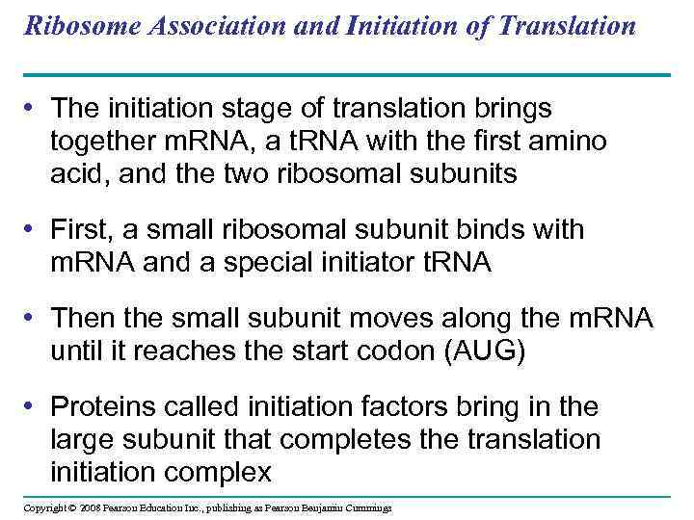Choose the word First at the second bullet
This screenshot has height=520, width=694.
[83, 230]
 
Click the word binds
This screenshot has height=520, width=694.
[476, 230]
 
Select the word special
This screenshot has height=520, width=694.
[294, 263]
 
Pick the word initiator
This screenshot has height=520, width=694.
[395, 263]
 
